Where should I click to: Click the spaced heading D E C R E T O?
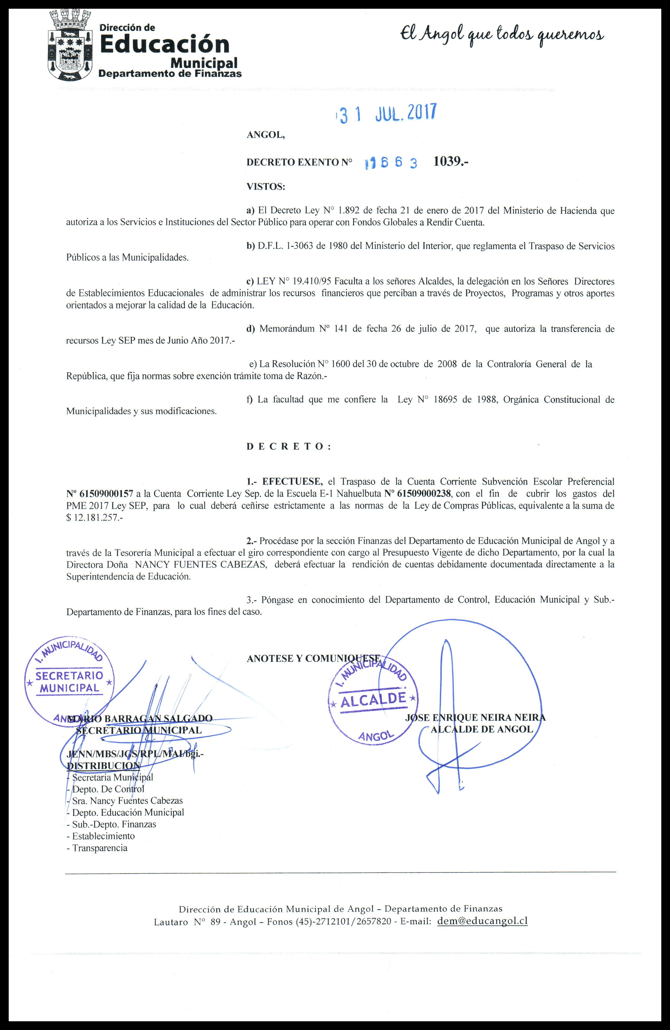(288, 446)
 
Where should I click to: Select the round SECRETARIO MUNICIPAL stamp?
(69, 682)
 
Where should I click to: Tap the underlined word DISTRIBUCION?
(103, 766)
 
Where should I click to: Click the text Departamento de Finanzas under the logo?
(170, 74)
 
